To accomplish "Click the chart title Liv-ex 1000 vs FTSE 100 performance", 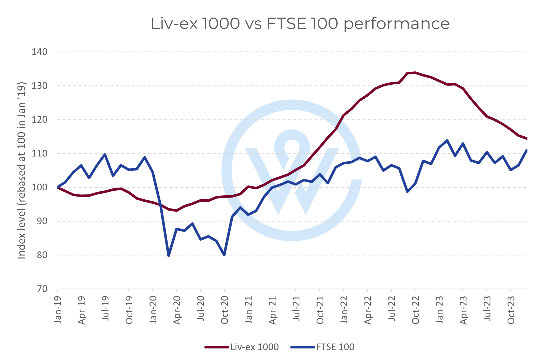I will (x=300, y=24).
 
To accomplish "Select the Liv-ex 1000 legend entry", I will (x=254, y=347).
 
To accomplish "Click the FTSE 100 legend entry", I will (x=335, y=347).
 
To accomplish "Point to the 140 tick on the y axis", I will (x=40, y=52).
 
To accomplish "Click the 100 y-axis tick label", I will (x=40, y=187).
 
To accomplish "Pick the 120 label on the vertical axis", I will (x=40, y=120).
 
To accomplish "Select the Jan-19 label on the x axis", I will (x=58, y=310).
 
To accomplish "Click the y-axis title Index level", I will (x=22, y=170).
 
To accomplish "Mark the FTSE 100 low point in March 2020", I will (x=169, y=255).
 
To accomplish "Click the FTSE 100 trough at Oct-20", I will (x=224, y=255).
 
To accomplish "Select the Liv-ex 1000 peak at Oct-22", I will (x=415, y=73).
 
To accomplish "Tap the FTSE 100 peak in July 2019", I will (x=105, y=154).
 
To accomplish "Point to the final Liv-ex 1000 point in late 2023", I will (x=526, y=138).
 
